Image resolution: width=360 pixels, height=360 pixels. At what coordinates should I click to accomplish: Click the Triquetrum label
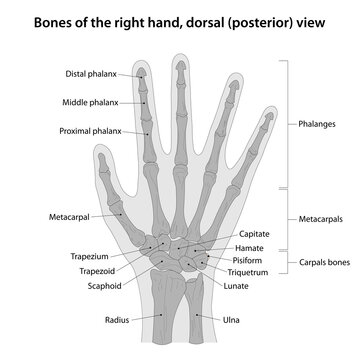point(256,271)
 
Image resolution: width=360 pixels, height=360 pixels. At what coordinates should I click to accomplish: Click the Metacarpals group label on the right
point(322,217)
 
